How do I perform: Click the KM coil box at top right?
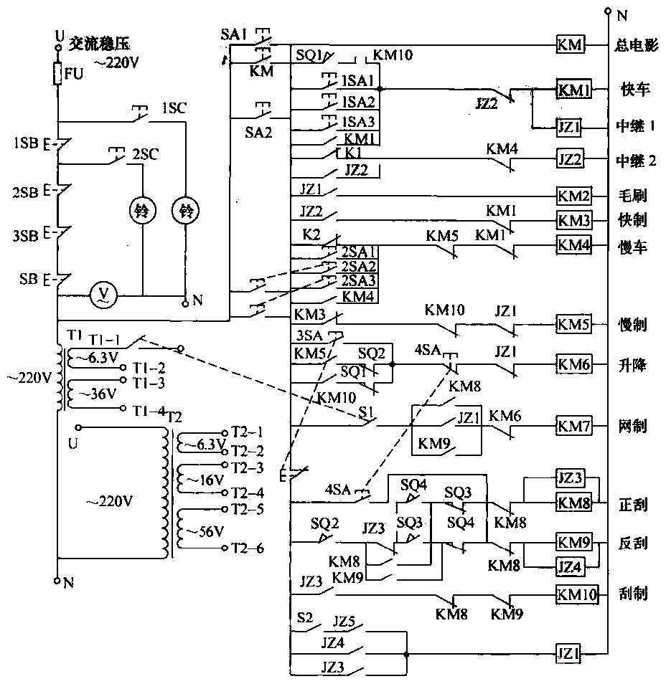571,44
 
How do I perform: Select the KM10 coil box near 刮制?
576,594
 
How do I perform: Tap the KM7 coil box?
573,427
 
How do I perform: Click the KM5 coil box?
573,325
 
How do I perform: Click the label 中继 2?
636,161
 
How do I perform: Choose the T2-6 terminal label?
247,549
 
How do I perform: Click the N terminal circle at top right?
607,11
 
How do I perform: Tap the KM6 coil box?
573,365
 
